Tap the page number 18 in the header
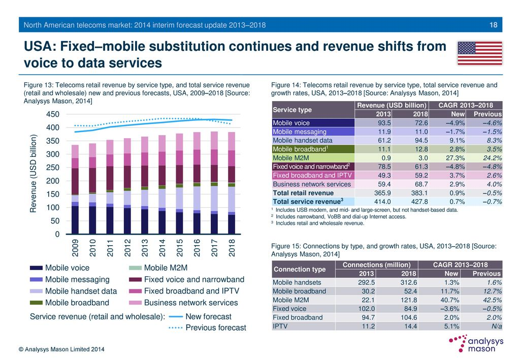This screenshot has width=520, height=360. (493, 25)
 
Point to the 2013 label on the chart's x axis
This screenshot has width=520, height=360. (145, 247)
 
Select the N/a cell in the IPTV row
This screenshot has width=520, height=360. (493, 326)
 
